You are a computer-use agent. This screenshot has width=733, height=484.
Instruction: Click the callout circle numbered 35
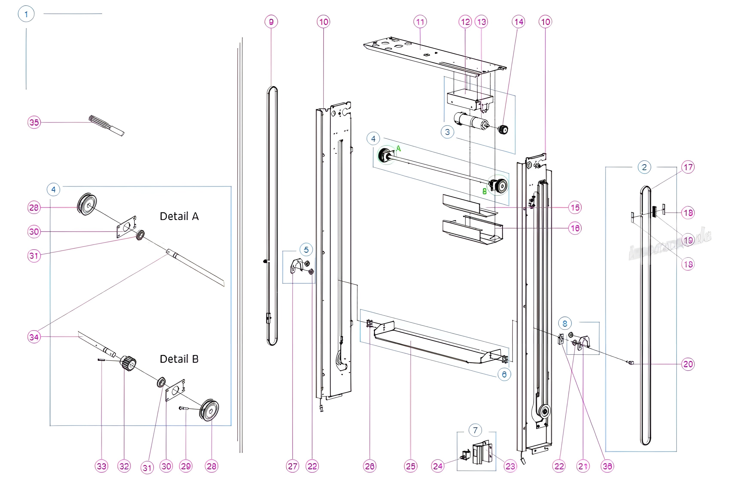point(34,123)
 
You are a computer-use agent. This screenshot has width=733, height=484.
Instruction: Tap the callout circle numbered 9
point(271,22)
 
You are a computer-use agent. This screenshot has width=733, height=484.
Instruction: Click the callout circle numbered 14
point(519,22)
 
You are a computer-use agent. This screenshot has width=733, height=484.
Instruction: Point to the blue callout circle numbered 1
point(26,14)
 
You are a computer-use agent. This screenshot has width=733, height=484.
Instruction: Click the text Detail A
point(179,216)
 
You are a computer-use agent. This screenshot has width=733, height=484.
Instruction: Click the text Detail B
point(179,359)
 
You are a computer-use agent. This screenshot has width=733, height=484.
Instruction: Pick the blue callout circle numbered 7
point(475,430)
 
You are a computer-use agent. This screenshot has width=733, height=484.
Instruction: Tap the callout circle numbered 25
point(411,466)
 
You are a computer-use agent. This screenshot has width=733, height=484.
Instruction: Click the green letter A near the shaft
point(399,149)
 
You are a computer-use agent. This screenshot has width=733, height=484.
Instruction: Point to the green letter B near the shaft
point(484,191)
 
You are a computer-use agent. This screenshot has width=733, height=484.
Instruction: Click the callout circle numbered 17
point(688,167)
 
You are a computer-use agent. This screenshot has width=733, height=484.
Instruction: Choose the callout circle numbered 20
point(688,364)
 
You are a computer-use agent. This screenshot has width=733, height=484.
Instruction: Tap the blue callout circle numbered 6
point(504,374)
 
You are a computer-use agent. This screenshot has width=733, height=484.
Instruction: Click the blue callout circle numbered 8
point(565,323)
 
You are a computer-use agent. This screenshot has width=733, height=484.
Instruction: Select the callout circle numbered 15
point(575,207)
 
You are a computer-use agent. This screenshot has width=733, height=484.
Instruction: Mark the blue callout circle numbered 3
point(447,132)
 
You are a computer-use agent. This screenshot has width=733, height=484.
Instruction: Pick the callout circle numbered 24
point(437,466)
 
